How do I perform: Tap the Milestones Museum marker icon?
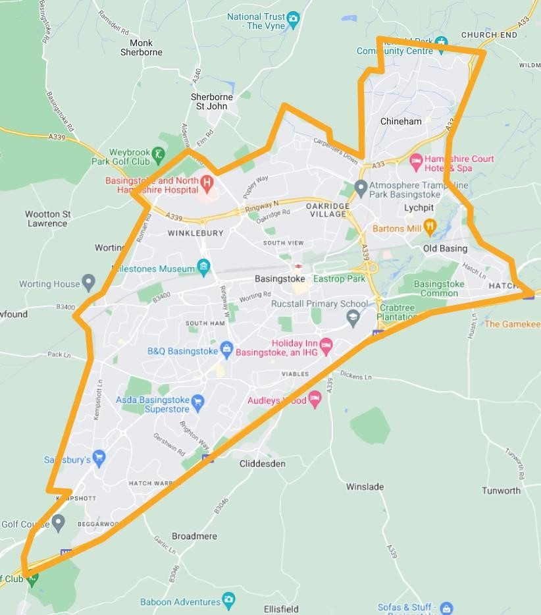pyautogui.click(x=204, y=267)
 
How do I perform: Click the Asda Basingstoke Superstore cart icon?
pyautogui.click(x=197, y=400)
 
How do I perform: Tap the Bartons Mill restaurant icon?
pyautogui.click(x=430, y=228)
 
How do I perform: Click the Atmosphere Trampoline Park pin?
pyautogui.click(x=360, y=188)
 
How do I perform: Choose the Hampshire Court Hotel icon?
pyautogui.click(x=416, y=161)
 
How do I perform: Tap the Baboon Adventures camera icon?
pyautogui.click(x=228, y=600)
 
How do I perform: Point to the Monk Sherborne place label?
pyautogui.click(x=141, y=47)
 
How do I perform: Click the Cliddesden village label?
pyautogui.click(x=262, y=464)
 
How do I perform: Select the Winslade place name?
pyautogui.click(x=365, y=487)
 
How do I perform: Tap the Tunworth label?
pyautogui.click(x=501, y=491)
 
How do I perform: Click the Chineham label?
pyautogui.click(x=401, y=121)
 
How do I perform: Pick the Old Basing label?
pyautogui.click(x=445, y=248)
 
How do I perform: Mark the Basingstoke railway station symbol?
pyautogui.click(x=299, y=267)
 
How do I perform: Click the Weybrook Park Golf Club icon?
pyautogui.click(x=159, y=156)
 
